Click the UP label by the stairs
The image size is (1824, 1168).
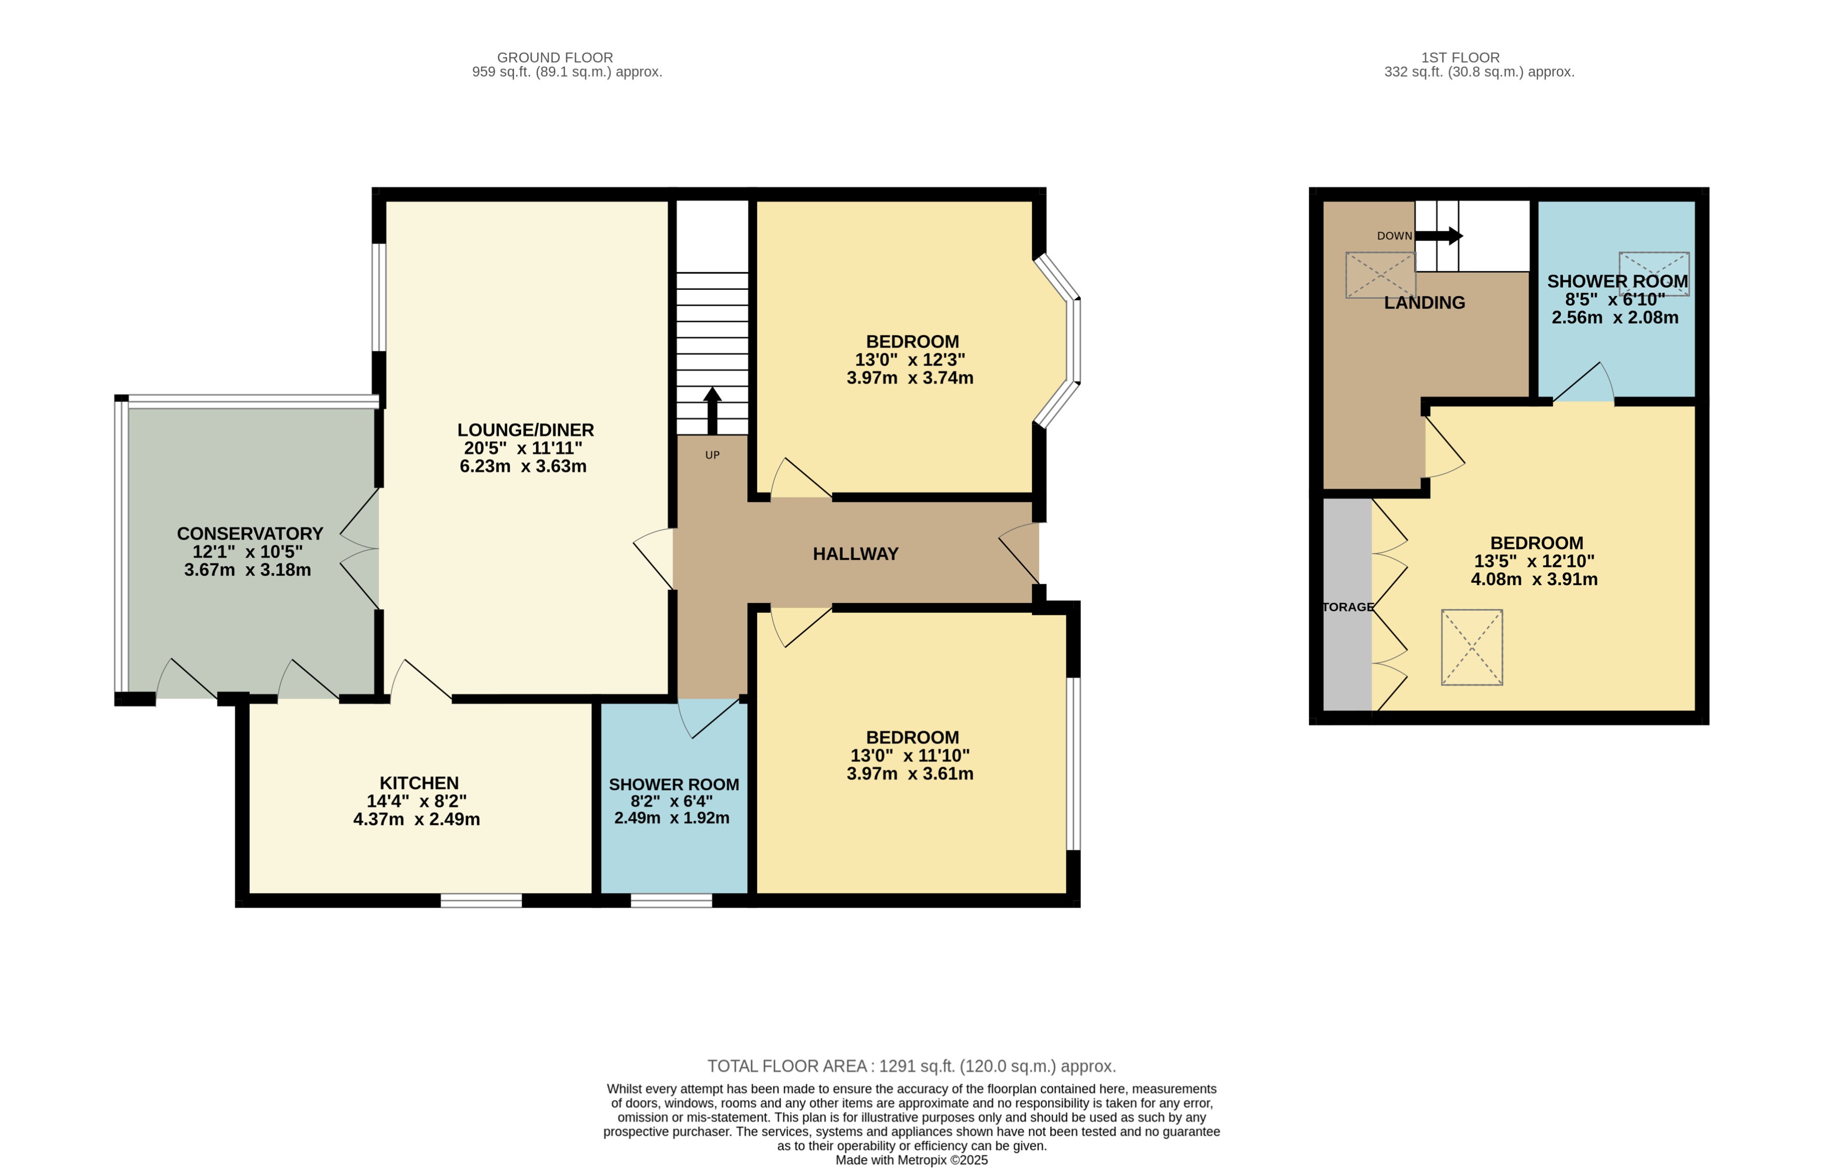[712, 455]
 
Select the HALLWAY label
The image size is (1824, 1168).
[856, 554]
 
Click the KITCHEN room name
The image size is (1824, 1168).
[418, 783]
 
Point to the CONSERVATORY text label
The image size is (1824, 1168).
[250, 533]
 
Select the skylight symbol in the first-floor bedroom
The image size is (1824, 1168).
[1471, 647]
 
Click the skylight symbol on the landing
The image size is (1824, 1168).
[1379, 275]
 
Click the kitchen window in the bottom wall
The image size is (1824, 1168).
[481, 900]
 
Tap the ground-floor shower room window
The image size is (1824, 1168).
[671, 900]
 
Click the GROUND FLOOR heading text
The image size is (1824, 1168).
[554, 58]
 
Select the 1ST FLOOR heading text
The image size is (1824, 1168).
[1460, 58]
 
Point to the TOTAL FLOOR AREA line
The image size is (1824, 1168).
[911, 1066]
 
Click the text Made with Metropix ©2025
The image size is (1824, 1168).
[911, 1160]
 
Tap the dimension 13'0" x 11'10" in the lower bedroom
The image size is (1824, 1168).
[909, 755]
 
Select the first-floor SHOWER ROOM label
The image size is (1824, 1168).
[1617, 281]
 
